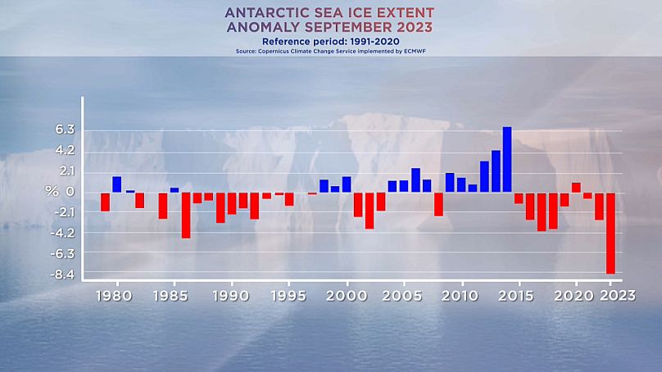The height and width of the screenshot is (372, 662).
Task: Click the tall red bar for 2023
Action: click(x=610, y=233)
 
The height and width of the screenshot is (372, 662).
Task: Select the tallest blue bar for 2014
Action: click(x=507, y=160)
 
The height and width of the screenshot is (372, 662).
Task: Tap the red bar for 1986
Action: click(x=186, y=215)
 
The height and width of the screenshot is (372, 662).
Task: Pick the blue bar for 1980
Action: click(x=117, y=184)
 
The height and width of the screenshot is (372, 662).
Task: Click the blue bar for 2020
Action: click(x=576, y=188)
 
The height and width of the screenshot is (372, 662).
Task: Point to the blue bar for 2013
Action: click(x=496, y=171)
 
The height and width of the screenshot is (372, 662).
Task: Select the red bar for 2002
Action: click(x=370, y=211)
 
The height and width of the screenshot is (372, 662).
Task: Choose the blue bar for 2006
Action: click(x=415, y=180)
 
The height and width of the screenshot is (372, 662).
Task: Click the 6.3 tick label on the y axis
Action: click(x=66, y=129)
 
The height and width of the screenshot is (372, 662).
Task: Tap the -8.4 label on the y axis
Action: click(x=65, y=273)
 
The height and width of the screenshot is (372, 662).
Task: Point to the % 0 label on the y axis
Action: click(x=61, y=191)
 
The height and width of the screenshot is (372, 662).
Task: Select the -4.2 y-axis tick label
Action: click(x=65, y=232)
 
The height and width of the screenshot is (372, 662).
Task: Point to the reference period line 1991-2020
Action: click(x=331, y=40)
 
